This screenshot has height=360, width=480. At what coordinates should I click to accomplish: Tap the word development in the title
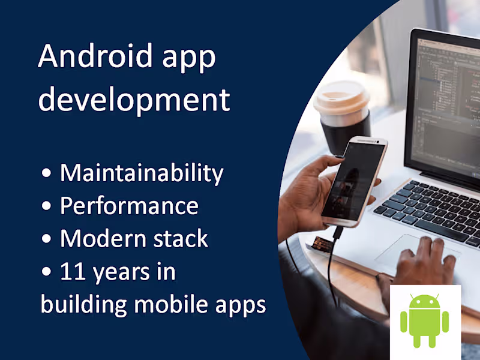pos(134,100)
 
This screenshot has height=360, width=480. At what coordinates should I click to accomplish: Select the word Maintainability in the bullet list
pos(142,173)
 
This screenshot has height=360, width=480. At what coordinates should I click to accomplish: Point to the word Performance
pos(129,206)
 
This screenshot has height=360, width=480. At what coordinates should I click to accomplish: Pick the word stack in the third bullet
pos(179,239)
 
